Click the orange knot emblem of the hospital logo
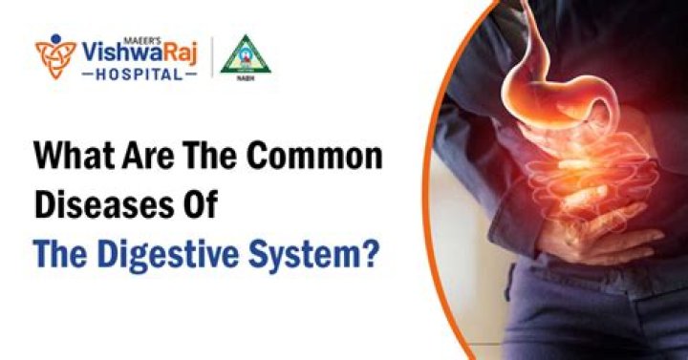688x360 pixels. tap(54, 56)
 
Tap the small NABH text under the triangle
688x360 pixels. tap(243, 79)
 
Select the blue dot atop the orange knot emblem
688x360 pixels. tap(54, 40)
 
